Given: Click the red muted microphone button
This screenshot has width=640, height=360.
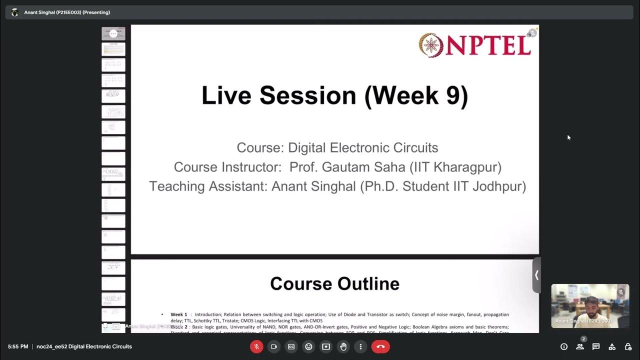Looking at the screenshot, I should coord(256,346).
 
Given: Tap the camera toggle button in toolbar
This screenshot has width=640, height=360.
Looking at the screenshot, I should coord(274,346).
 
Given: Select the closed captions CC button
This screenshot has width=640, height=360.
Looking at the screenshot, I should coord(291,346).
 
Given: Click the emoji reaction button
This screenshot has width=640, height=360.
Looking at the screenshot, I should coord(308,346).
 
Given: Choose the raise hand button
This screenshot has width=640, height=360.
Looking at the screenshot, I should coord(343,346).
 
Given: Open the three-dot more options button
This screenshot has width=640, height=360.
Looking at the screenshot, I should coord(360,346).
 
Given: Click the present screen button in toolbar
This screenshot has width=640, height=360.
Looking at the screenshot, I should coord(326,346).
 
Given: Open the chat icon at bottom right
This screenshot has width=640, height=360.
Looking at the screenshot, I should coord(596,346).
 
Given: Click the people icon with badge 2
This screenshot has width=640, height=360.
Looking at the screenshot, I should coord(580,346).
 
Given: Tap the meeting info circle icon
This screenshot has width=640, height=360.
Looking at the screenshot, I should coord(564,346).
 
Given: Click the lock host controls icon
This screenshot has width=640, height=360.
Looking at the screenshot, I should coord(628,346).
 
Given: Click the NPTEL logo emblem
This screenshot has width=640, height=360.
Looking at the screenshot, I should coord(430,45).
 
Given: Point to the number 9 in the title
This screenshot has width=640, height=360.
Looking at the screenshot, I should coord(452,95).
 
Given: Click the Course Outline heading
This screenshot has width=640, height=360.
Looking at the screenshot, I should coord(334,283).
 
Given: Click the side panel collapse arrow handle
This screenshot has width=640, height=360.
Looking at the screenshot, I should coord(536,274).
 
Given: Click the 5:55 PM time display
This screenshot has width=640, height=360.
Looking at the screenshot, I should coord(18,346).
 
